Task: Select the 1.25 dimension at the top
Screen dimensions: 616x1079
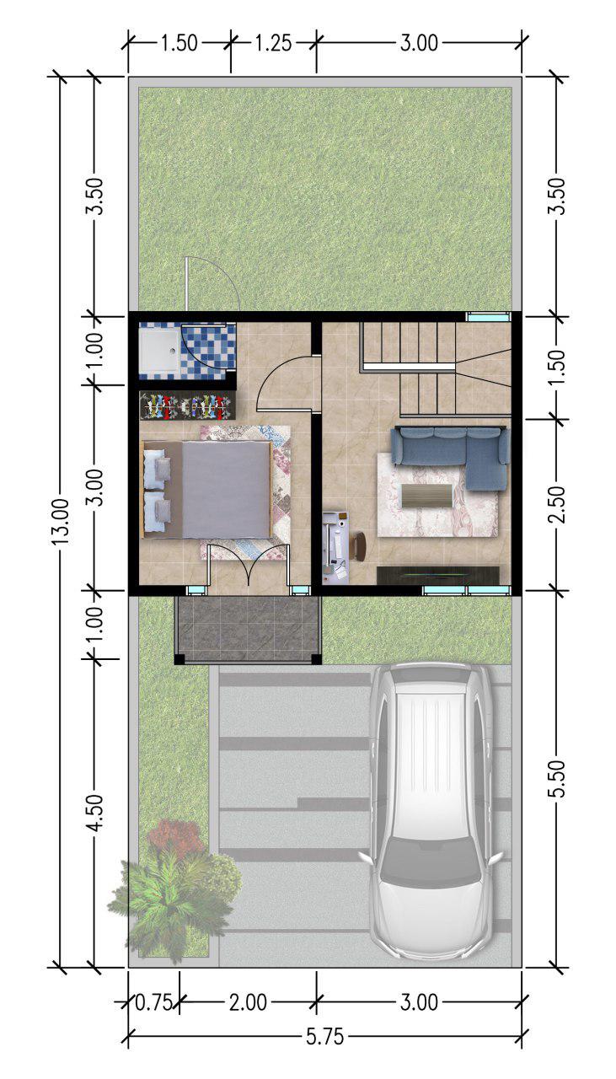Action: tap(273, 43)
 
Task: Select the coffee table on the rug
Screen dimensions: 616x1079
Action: tap(426, 495)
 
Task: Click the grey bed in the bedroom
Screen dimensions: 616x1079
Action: tap(208, 490)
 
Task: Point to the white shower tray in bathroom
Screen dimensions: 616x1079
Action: tap(160, 350)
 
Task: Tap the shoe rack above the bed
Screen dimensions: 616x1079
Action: tap(188, 405)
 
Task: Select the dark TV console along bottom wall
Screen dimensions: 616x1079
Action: tap(437, 575)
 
